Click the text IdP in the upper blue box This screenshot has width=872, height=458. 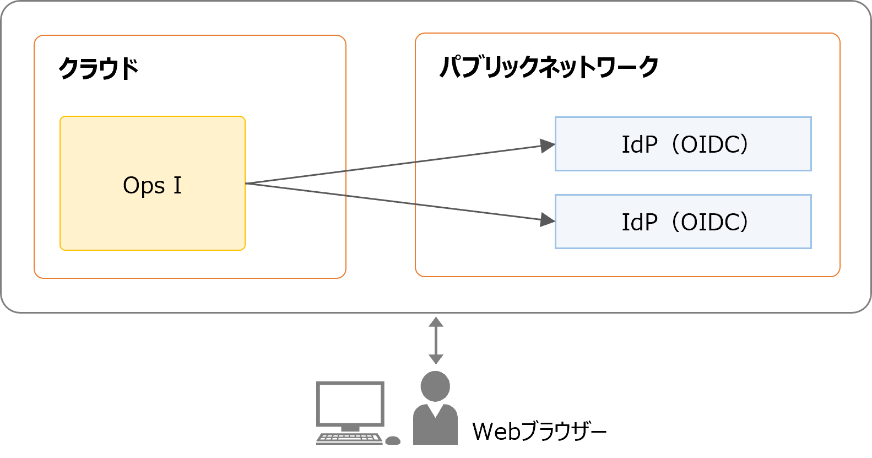click(x=639, y=145)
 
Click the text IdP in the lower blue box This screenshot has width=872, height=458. click(x=639, y=223)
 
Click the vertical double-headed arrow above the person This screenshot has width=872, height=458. click(x=436, y=341)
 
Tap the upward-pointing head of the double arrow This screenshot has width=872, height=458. click(x=436, y=321)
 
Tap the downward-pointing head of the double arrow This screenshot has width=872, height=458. click(x=436, y=359)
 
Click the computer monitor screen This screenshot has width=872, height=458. click(x=350, y=403)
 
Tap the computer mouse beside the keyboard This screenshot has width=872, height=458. click(x=393, y=440)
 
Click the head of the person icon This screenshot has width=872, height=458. click(x=435, y=386)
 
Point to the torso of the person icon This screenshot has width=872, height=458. click(x=435, y=427)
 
